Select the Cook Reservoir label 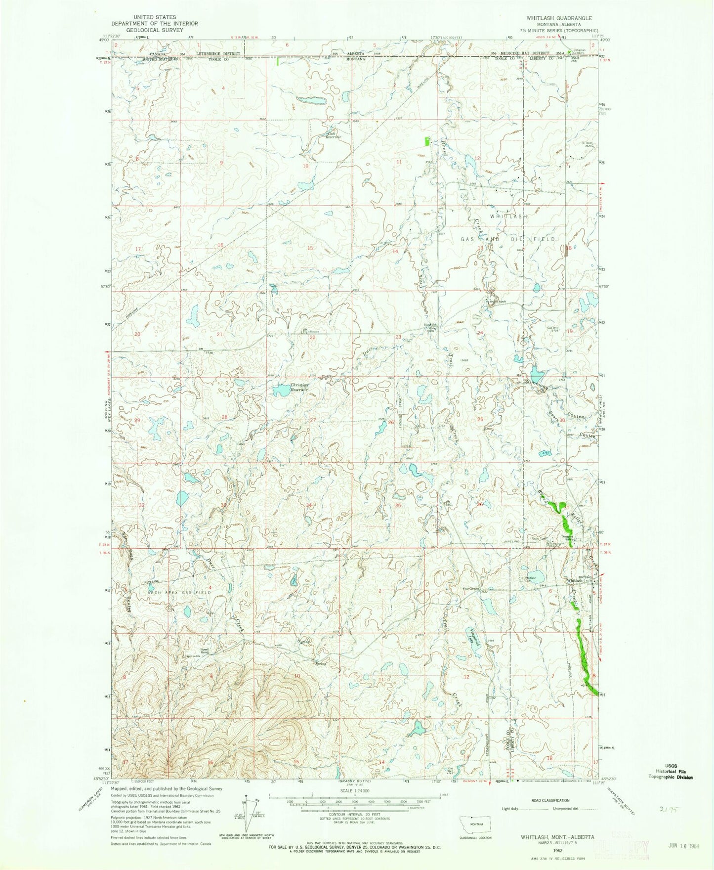coord(332,135)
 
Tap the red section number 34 coord(309,505)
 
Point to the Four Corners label coord(471,588)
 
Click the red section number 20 coord(137,334)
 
